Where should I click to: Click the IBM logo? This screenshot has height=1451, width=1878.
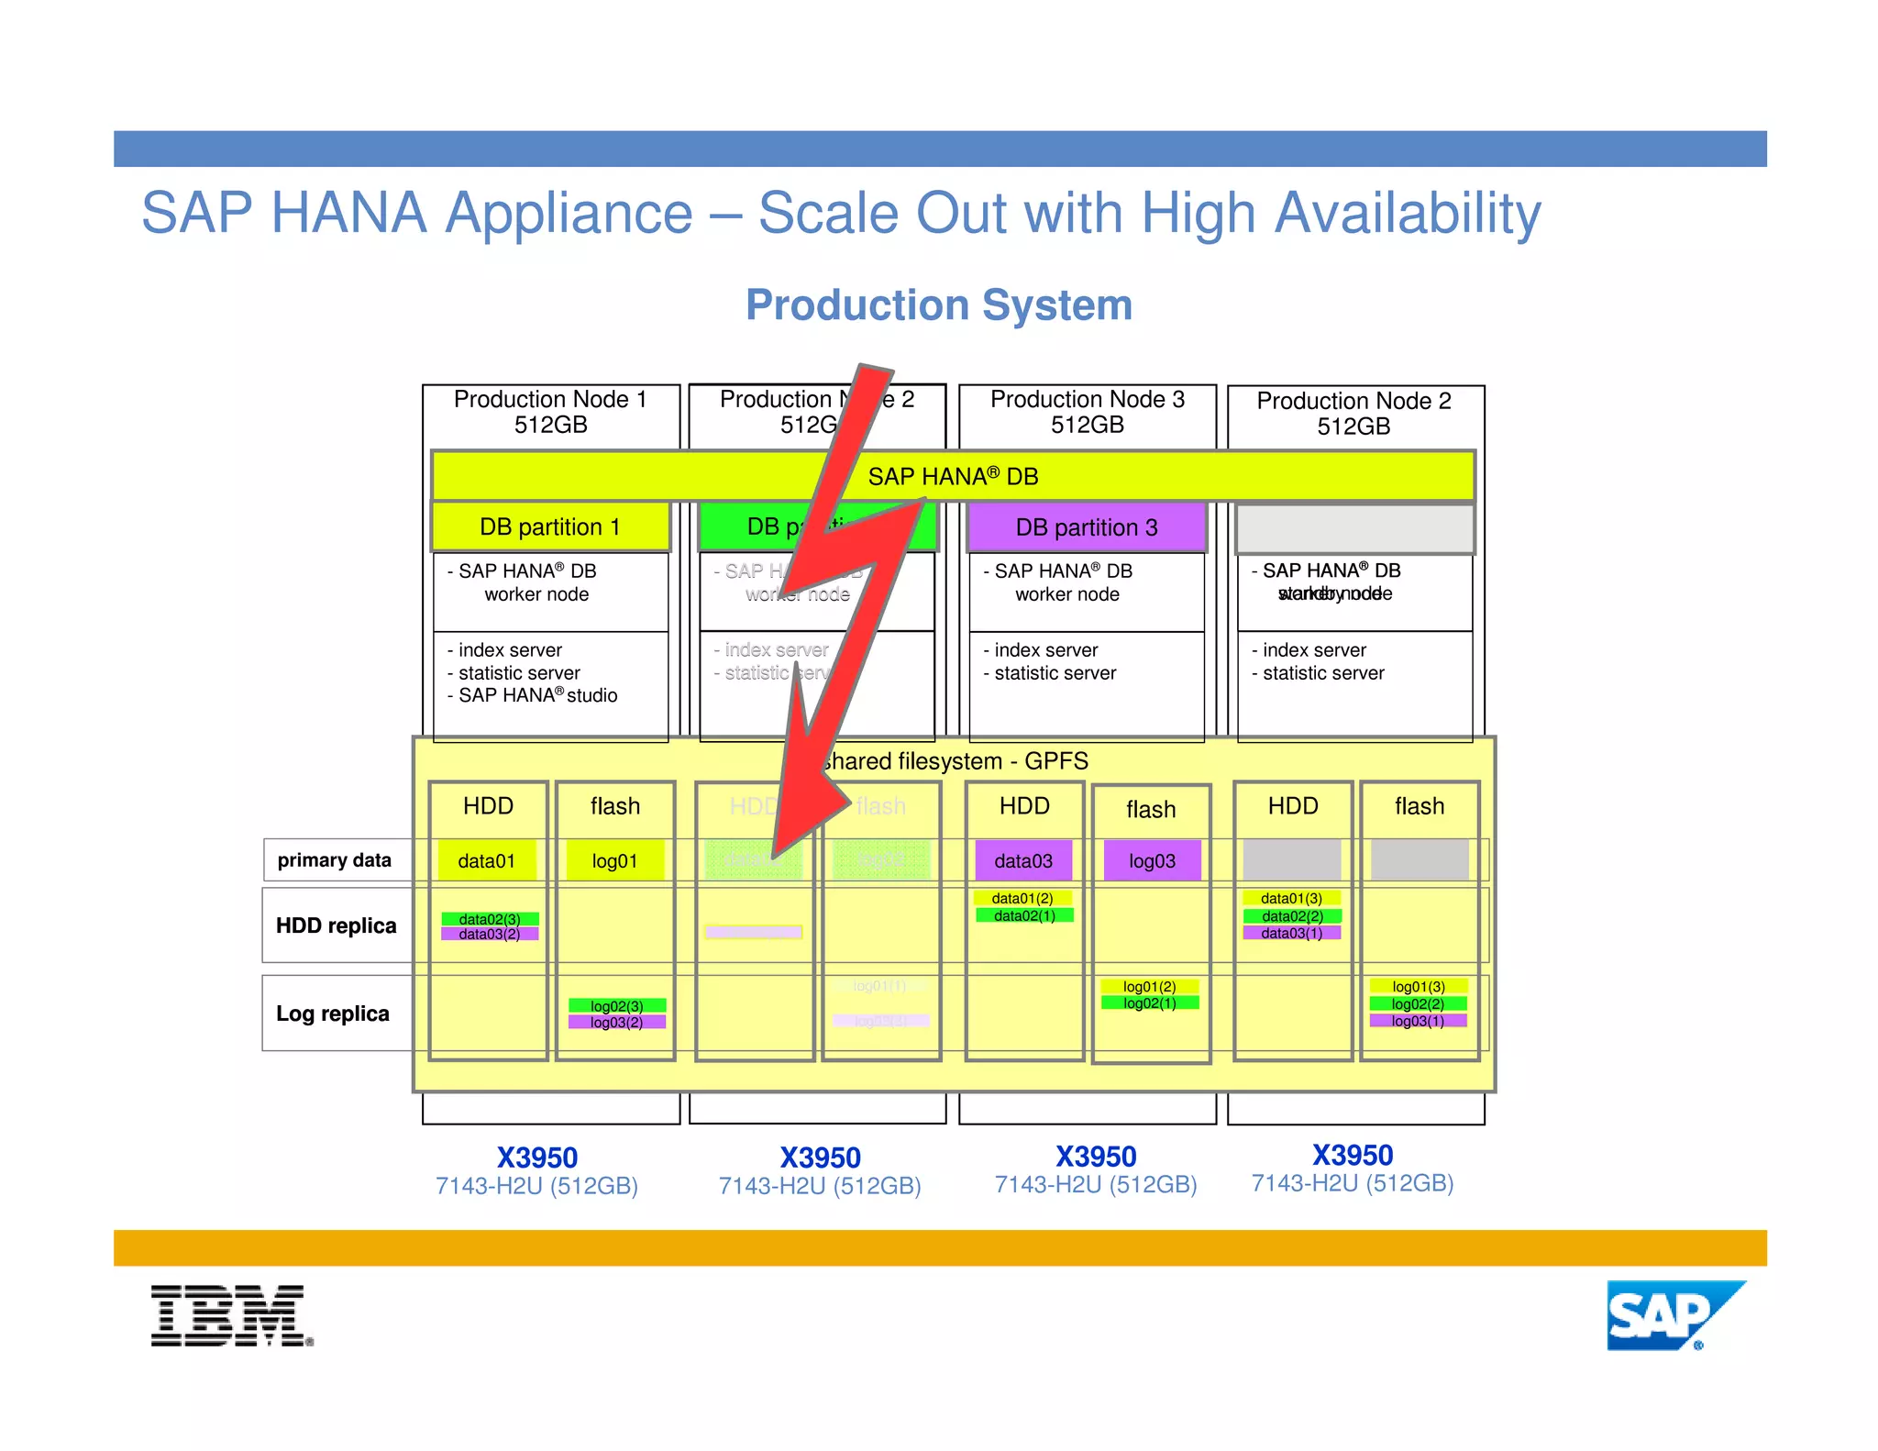pyautogui.click(x=231, y=1315)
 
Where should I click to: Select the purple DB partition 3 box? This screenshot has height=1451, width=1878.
pyautogui.click(x=1087, y=527)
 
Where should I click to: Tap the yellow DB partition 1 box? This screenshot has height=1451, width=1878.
pyautogui.click(x=550, y=527)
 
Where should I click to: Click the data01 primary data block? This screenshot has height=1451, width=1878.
pyautogui.click(x=487, y=861)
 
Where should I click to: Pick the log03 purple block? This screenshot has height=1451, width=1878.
pyautogui.click(x=1152, y=861)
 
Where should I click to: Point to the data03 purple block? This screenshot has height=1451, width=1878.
pyautogui.click(x=1023, y=861)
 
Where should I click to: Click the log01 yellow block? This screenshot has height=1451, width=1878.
pyautogui.click(x=614, y=861)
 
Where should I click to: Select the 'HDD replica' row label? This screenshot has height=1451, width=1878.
pyautogui.click(x=336, y=925)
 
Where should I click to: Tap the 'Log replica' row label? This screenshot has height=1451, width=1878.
pyautogui.click(x=333, y=1013)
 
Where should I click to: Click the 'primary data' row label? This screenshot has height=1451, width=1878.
pyautogui.click(x=335, y=860)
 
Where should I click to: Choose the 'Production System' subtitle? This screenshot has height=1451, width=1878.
pyautogui.click(x=939, y=305)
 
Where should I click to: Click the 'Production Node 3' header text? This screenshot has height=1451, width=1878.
pyautogui.click(x=1088, y=400)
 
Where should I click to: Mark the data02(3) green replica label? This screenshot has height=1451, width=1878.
pyautogui.click(x=490, y=919)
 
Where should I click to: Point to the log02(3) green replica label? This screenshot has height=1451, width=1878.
pyautogui.click(x=616, y=1006)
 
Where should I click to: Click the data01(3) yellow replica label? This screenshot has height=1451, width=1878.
pyautogui.click(x=1291, y=899)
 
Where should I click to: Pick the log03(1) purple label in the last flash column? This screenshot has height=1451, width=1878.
pyautogui.click(x=1418, y=1021)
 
